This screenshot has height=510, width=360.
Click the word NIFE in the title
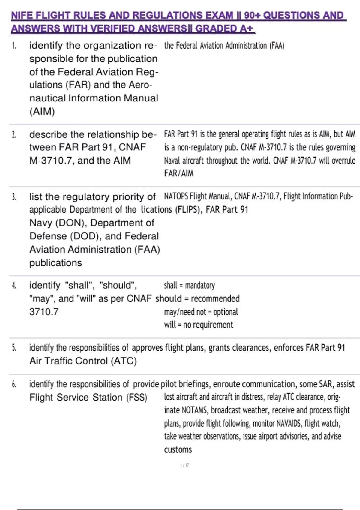[x=21, y=15]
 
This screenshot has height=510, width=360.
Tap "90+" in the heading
[x=252, y=15]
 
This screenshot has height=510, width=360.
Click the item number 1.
[x=14, y=46]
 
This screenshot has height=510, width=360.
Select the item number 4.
[x=14, y=285]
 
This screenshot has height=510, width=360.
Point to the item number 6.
[x=14, y=384]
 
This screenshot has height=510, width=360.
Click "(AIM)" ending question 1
[x=42, y=112]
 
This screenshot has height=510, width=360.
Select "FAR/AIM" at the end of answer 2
[x=179, y=173]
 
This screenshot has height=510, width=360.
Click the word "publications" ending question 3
[x=55, y=263]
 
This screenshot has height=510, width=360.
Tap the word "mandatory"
[x=200, y=285]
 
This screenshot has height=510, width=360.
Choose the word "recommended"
[x=215, y=298]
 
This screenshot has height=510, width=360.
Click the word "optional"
[x=226, y=312]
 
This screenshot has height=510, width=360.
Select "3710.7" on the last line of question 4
[x=44, y=312]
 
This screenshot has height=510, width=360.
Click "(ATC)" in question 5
[x=124, y=361]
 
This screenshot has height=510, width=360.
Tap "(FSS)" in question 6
[x=137, y=397]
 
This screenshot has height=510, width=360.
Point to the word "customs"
[x=178, y=449]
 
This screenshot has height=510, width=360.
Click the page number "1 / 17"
[x=184, y=465]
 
